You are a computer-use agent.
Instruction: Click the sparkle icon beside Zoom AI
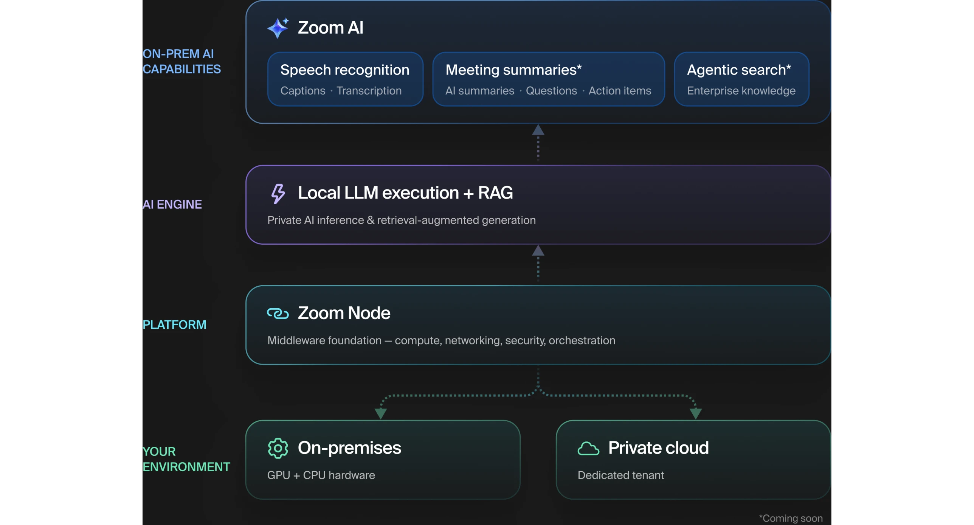(x=278, y=28)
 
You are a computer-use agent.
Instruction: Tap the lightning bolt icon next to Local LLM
(x=278, y=194)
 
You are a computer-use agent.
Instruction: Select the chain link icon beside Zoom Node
(x=278, y=314)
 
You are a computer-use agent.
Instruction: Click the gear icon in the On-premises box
(x=278, y=448)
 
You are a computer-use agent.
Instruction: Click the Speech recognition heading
(x=345, y=70)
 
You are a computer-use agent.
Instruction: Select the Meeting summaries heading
(x=513, y=70)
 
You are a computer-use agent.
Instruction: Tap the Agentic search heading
(x=739, y=70)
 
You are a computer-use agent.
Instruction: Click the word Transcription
(x=369, y=91)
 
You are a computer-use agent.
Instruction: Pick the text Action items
(x=620, y=91)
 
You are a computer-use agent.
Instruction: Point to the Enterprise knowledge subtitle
(x=741, y=91)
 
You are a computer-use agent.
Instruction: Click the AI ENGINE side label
(x=172, y=204)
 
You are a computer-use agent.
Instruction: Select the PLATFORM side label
(x=174, y=325)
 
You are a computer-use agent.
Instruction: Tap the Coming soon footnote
(x=791, y=518)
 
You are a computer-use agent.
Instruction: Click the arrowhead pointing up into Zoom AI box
(x=538, y=130)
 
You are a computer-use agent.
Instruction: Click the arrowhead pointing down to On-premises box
(x=380, y=414)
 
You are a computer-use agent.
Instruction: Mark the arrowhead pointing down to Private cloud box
(x=696, y=414)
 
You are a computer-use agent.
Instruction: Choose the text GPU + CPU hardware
(x=321, y=475)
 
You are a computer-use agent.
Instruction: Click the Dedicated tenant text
(x=620, y=475)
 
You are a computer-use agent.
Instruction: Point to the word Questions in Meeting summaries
(x=551, y=91)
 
